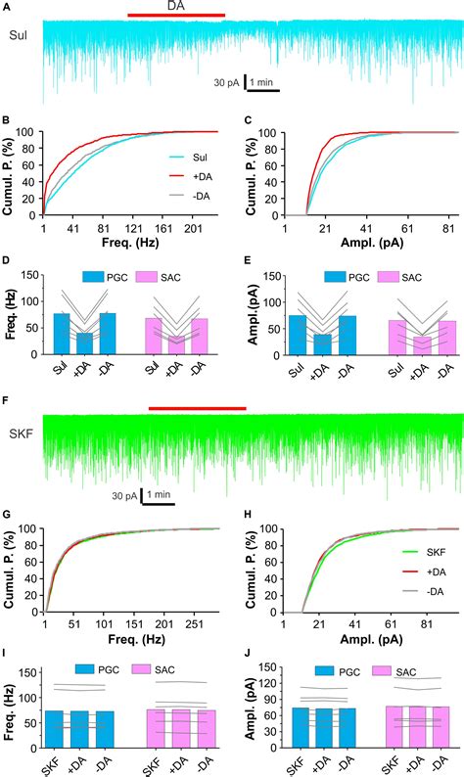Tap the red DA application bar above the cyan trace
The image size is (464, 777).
click(x=176, y=16)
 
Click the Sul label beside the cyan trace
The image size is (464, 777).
click(x=19, y=35)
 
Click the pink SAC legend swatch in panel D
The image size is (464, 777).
click(x=150, y=277)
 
